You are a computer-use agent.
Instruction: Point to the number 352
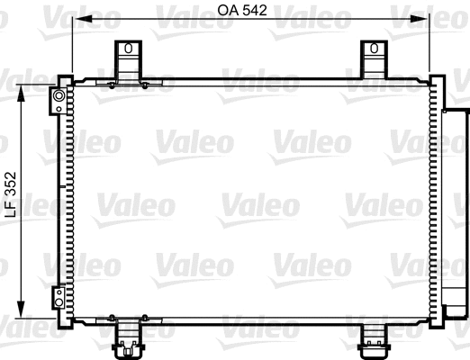pyautogui.click(x=10, y=184)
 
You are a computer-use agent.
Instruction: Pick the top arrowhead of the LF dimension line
pyautogui.click(x=23, y=89)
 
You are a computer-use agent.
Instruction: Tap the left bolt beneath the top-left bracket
pyautogui.click(x=110, y=85)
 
